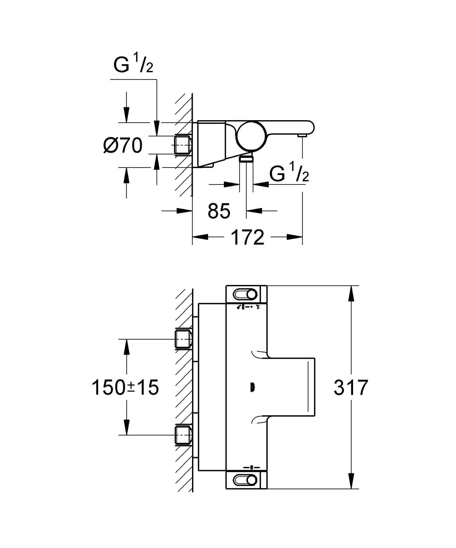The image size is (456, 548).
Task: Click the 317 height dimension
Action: point(351,388)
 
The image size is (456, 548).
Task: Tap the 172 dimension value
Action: point(247,237)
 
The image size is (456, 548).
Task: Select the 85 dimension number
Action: point(219,211)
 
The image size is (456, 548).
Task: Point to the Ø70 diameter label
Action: point(123,146)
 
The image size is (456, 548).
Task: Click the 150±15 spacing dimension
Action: point(125,388)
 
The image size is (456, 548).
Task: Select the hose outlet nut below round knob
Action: point(246,159)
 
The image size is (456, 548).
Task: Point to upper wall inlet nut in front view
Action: point(183,339)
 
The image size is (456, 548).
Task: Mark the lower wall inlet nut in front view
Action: point(183,435)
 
